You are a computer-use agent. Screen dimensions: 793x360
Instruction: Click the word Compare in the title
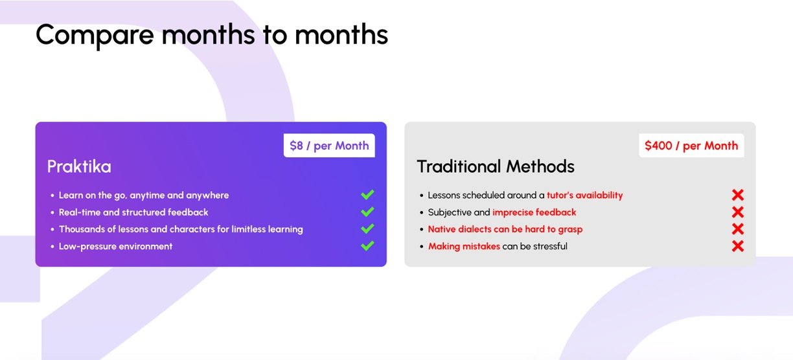click(95, 36)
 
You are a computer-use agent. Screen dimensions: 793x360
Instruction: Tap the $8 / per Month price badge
click(329, 145)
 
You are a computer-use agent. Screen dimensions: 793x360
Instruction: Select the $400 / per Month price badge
click(691, 145)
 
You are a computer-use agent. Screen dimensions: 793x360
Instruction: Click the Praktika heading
click(79, 166)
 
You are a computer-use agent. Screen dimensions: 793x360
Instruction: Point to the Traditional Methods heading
click(496, 166)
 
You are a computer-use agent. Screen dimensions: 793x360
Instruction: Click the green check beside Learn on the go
click(367, 194)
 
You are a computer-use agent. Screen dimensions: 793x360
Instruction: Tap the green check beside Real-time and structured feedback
click(367, 212)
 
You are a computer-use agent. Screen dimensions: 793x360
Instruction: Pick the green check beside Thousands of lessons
click(367, 229)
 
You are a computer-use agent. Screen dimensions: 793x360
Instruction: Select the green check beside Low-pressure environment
click(367, 245)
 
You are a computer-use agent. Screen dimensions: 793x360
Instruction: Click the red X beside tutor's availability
click(738, 195)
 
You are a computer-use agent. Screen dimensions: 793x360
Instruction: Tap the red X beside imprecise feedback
click(738, 212)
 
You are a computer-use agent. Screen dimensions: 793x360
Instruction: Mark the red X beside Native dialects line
click(738, 229)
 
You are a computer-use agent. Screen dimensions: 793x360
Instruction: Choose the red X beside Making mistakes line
click(738, 246)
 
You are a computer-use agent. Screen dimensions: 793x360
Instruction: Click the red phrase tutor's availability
click(585, 195)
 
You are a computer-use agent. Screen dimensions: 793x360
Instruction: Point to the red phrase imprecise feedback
click(534, 212)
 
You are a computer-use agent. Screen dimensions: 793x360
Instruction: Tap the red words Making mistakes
click(464, 246)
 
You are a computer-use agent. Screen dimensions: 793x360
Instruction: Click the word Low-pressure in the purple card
click(86, 247)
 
